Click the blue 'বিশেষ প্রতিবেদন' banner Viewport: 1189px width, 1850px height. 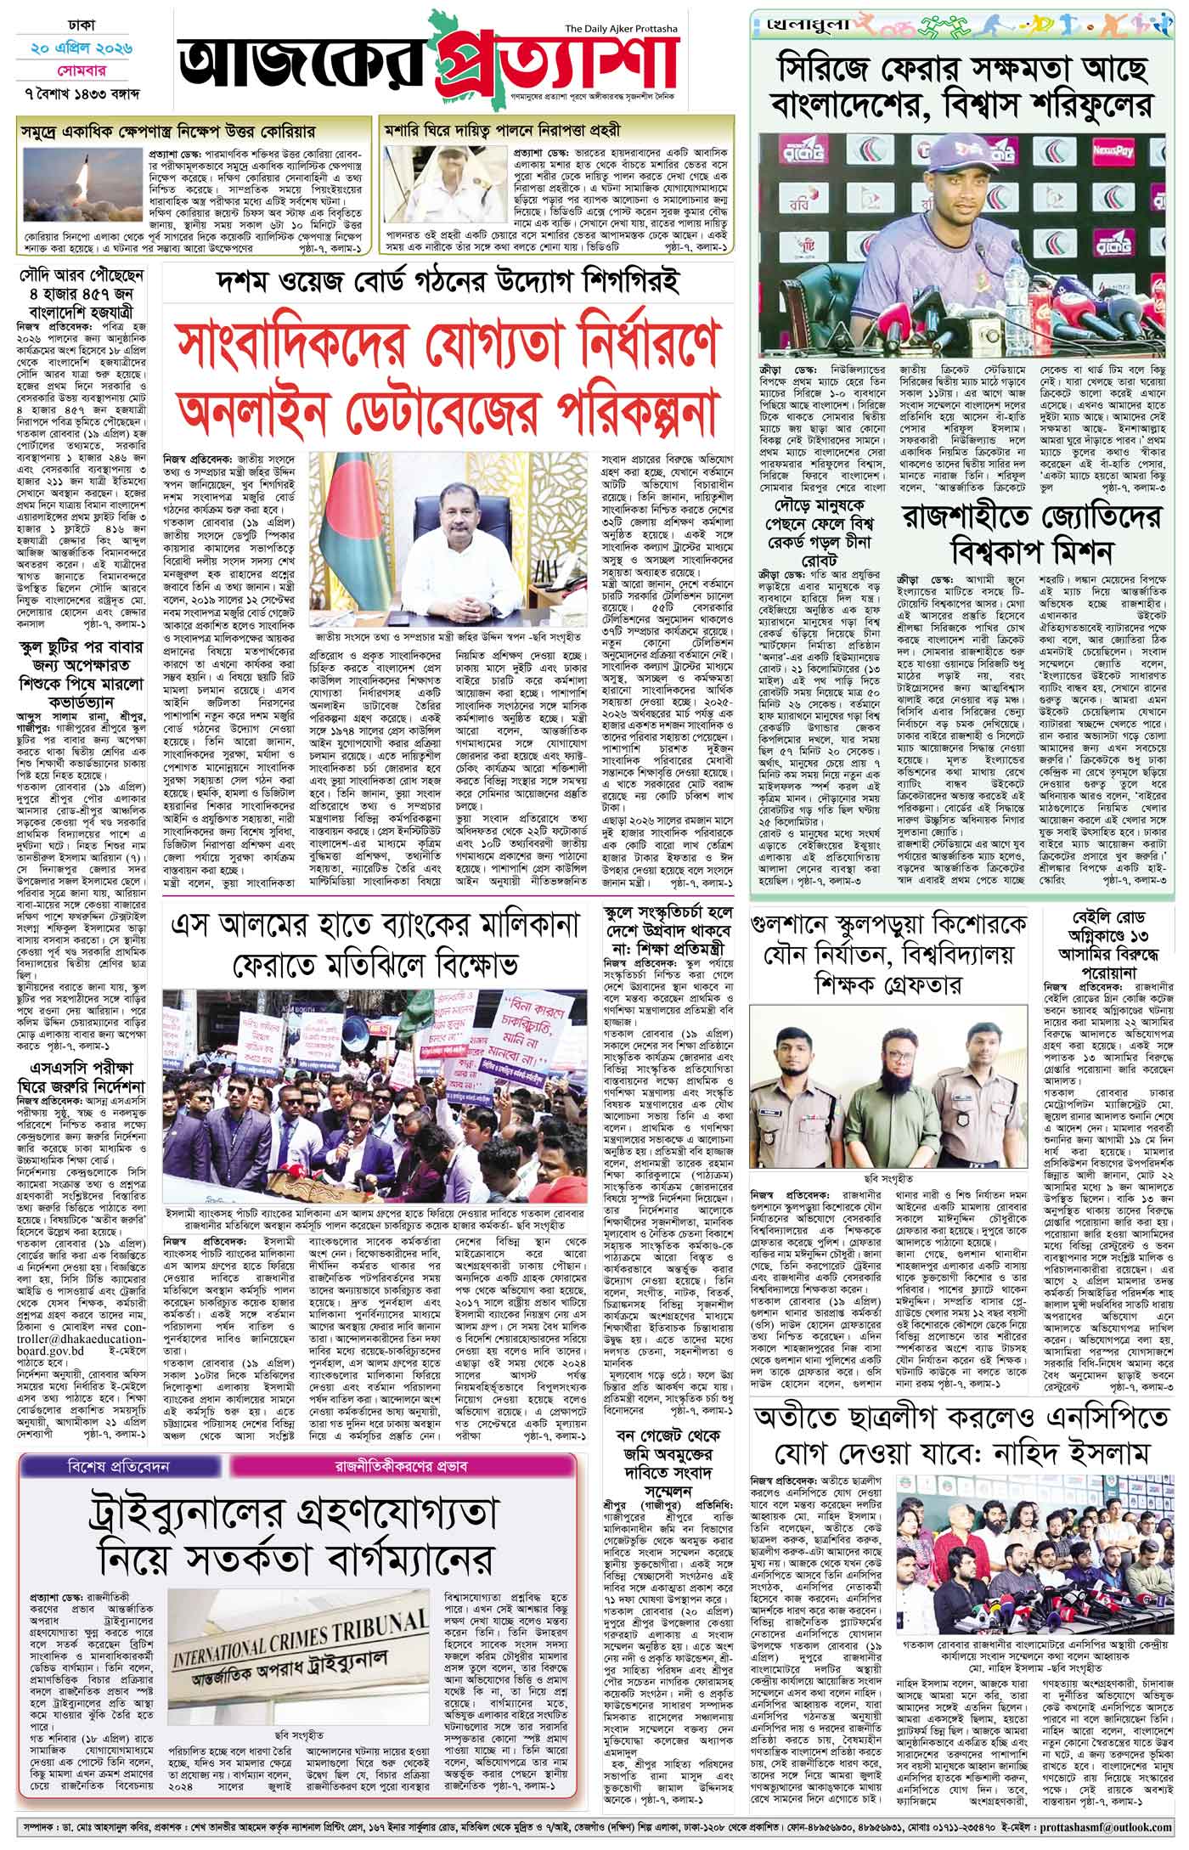(x=115, y=1465)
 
